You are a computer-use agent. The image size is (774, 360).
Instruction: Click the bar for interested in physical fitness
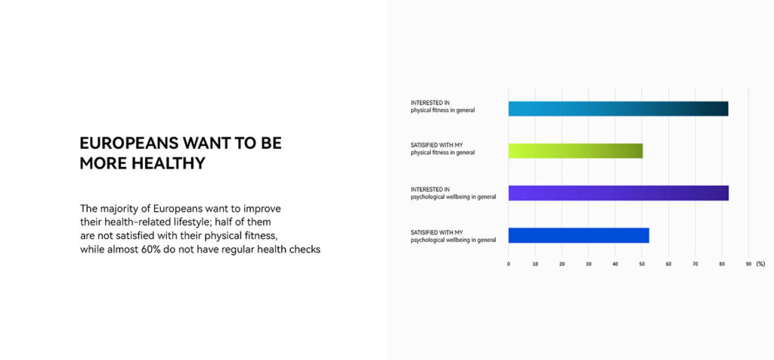[618, 109]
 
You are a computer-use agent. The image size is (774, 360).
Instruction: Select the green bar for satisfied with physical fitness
[575, 151]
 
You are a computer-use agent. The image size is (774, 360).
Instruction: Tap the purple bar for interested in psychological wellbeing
[618, 193]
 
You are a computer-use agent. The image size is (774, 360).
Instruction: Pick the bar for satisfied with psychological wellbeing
[578, 235]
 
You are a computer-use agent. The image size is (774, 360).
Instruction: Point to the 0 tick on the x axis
[509, 264]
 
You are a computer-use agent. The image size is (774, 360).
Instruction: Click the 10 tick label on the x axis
[535, 264]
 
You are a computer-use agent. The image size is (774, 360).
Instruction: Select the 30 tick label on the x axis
[588, 264]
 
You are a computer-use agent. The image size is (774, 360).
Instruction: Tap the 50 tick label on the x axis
[642, 264]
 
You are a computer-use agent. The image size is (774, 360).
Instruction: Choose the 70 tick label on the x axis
[695, 264]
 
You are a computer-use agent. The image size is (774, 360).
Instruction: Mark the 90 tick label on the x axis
[748, 264]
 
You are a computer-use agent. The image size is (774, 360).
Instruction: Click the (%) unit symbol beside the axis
[760, 264]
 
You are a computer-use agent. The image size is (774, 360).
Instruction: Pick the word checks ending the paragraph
[305, 250]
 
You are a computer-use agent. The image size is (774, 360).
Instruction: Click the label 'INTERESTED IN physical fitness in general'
[443, 106]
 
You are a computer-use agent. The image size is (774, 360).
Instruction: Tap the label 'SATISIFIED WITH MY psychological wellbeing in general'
[454, 236]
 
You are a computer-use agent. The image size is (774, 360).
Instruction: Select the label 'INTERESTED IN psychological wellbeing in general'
[454, 193]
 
